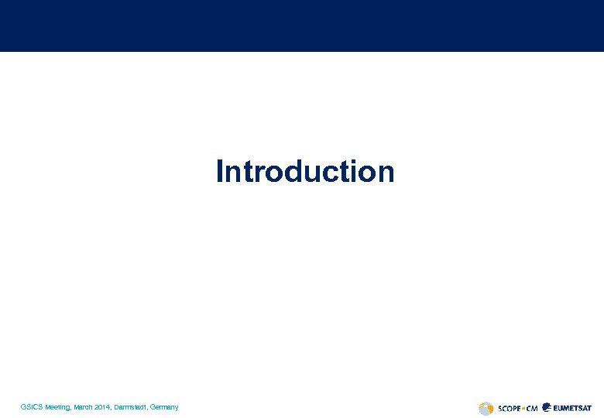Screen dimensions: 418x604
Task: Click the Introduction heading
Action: [x=305, y=171]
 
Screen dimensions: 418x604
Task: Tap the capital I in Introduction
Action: [x=221, y=171]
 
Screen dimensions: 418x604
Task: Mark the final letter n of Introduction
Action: [x=385, y=173]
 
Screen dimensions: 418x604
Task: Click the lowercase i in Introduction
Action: [x=354, y=171]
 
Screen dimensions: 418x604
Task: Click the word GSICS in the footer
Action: [x=32, y=407]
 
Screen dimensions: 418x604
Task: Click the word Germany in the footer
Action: [x=165, y=407]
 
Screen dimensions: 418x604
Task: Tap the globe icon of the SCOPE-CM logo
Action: [x=486, y=408]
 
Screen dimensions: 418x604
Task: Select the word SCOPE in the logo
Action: [x=508, y=408]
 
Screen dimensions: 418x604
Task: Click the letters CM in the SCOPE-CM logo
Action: [x=531, y=408]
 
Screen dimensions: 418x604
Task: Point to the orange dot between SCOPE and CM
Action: [x=523, y=408]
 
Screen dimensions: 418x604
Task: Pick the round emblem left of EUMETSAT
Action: [x=547, y=407]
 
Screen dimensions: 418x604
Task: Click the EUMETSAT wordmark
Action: [x=573, y=408]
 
